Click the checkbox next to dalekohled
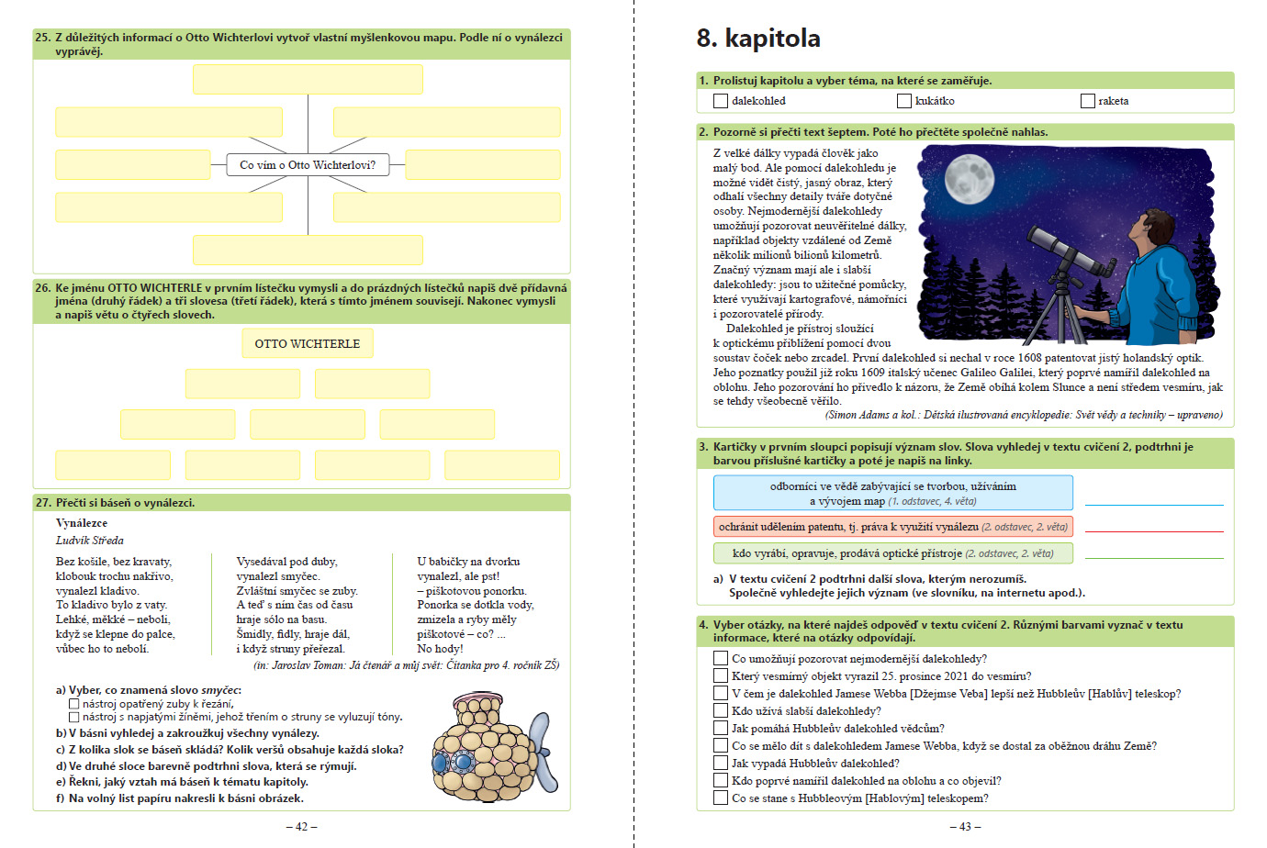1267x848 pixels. coord(721,101)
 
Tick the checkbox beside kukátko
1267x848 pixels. coord(904,101)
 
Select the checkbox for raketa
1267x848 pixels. coord(1088,101)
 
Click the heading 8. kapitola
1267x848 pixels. coord(758,39)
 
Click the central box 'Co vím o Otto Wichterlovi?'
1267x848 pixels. coord(308,165)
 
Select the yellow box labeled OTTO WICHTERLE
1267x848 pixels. coord(308,343)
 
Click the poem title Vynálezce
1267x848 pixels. coord(82,523)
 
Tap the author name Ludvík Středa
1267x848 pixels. coord(90,541)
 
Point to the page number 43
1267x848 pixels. coord(965,827)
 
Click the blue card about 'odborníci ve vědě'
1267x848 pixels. coord(892,493)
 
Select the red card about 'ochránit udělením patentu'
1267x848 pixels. coord(892,527)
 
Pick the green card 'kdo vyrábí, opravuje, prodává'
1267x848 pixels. coord(892,553)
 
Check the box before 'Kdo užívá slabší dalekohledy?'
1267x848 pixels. coord(721,710)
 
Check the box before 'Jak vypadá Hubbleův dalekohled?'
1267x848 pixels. coord(721,763)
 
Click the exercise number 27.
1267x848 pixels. coord(43,503)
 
